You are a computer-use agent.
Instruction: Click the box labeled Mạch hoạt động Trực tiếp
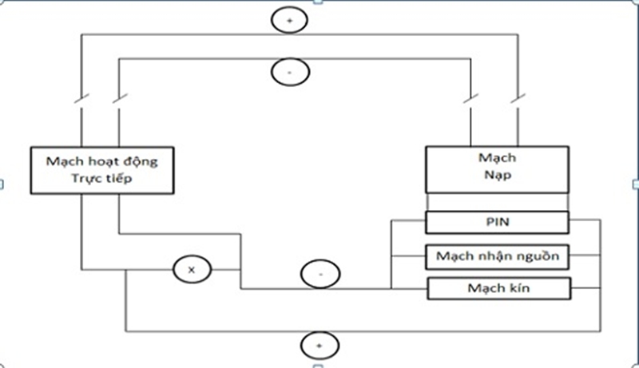coord(102,170)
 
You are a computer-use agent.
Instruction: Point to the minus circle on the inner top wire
coord(288,72)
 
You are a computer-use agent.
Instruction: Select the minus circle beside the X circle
coord(319,274)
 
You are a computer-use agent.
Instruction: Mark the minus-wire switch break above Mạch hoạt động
coord(118,101)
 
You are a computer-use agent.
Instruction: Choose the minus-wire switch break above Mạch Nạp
coord(471,101)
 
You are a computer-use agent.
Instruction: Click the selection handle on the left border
coord(2,184)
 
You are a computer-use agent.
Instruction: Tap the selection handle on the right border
coord(636,184)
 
